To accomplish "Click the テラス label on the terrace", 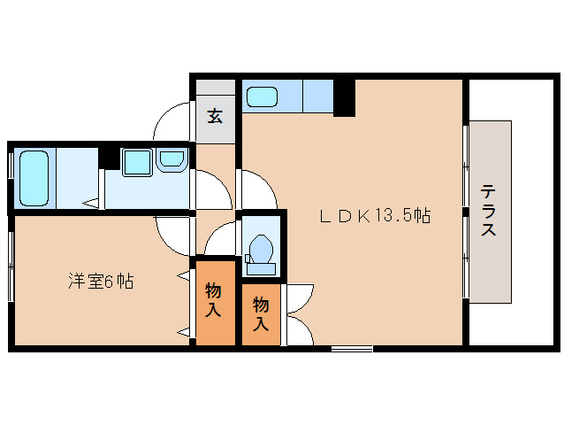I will tap(488, 211).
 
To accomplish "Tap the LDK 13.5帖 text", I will tap(375, 215).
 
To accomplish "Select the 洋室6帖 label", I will tap(102, 282).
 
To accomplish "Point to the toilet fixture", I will tap(261, 249).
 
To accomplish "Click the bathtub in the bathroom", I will tap(33, 177).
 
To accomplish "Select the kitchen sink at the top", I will tap(263, 96).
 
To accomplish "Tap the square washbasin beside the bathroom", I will tap(137, 162).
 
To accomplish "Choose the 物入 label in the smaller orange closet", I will tap(261, 314).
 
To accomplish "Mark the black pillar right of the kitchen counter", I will tap(345, 97).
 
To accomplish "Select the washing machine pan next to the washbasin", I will tap(171, 160).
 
